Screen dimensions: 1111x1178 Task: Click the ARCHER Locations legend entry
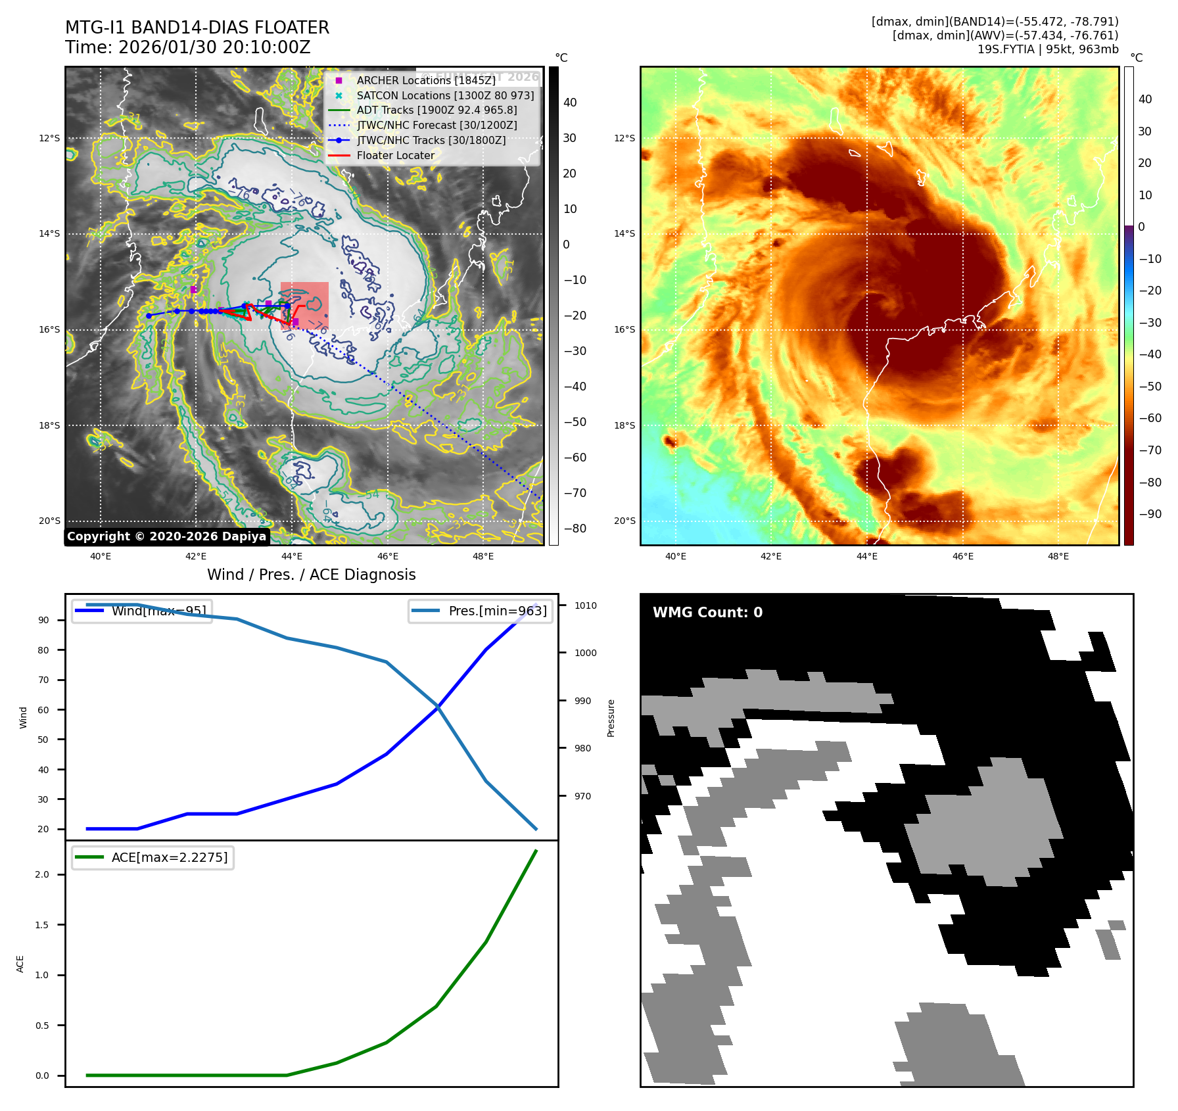click(426, 80)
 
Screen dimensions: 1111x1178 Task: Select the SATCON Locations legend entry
click(445, 95)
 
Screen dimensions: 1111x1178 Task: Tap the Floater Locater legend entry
click(395, 156)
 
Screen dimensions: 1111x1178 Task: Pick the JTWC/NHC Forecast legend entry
click(436, 125)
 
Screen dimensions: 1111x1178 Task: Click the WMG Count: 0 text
click(707, 613)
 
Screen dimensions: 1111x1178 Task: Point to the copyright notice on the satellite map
click(166, 536)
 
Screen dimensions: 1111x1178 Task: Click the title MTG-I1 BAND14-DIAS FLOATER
click(197, 28)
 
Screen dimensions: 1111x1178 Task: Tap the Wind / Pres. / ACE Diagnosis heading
click(312, 575)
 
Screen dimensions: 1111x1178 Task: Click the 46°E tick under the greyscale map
click(388, 556)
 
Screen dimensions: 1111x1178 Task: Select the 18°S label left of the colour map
click(624, 425)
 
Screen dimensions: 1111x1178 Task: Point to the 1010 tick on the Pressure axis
click(585, 605)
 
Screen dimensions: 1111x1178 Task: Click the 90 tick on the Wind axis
click(43, 620)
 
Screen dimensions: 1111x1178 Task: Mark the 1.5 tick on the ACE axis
click(42, 925)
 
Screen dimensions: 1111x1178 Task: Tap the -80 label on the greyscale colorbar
click(575, 529)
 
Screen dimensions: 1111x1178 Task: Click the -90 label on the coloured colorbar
click(1150, 514)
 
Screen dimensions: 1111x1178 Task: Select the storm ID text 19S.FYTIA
click(1005, 49)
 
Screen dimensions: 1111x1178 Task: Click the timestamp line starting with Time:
click(187, 47)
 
